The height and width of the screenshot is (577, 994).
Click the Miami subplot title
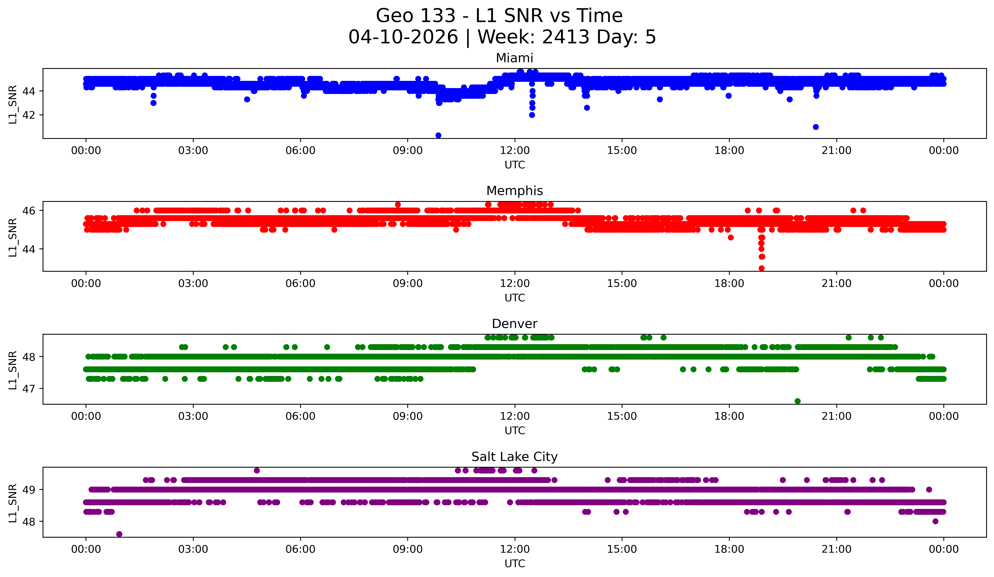click(514, 58)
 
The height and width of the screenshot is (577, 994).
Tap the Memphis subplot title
click(514, 191)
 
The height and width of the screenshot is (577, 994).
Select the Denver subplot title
click(514, 324)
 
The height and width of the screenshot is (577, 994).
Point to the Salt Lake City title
click(514, 457)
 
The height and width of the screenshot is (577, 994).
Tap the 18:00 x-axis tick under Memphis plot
click(729, 284)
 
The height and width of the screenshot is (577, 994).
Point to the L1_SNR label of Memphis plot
click(13, 237)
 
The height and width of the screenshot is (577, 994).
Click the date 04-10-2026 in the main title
click(403, 37)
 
